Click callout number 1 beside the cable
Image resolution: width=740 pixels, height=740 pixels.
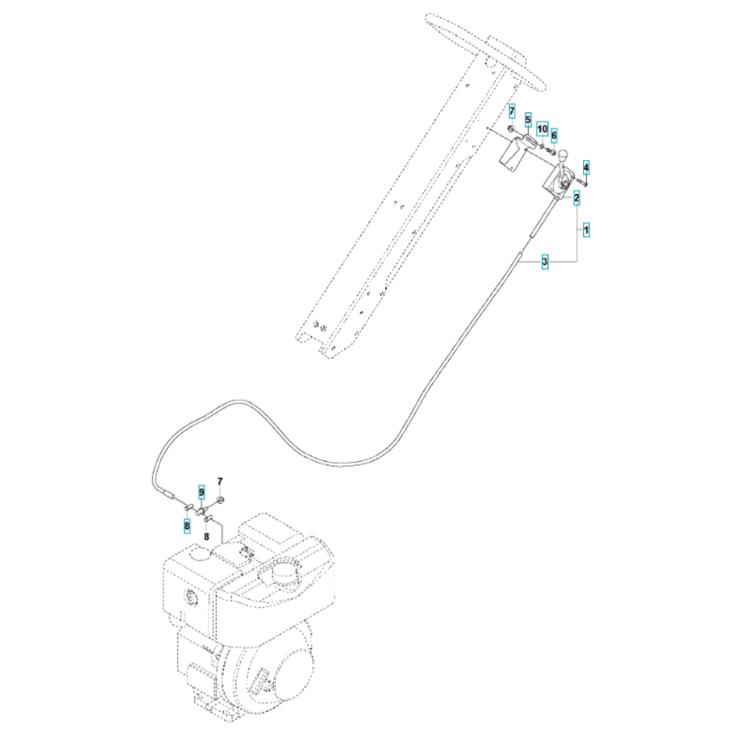pyautogui.click(x=586, y=230)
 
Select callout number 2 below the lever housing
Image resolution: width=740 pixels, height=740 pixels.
pyautogui.click(x=576, y=198)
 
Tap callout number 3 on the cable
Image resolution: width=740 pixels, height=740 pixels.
pyautogui.click(x=545, y=261)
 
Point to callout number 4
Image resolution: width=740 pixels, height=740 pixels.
pyautogui.click(x=586, y=167)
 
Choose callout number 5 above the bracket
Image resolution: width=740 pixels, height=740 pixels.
pyautogui.click(x=528, y=120)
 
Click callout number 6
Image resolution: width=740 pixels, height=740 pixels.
pyautogui.click(x=554, y=135)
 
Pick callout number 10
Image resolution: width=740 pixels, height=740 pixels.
pyautogui.click(x=542, y=128)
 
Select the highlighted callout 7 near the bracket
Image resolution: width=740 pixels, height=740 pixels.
pyautogui.click(x=512, y=112)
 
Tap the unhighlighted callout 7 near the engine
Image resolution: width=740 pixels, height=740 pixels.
pyautogui.click(x=220, y=482)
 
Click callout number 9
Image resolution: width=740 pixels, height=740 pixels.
pyautogui.click(x=201, y=493)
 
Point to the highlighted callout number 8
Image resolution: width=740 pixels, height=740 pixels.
pyautogui.click(x=187, y=525)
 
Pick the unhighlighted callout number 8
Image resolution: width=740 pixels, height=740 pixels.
pyautogui.click(x=206, y=536)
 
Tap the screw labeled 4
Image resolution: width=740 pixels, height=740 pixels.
pyautogui.click(x=582, y=182)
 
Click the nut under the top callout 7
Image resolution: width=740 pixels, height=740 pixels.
pyautogui.click(x=511, y=128)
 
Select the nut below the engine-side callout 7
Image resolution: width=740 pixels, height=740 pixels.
pyautogui.click(x=221, y=499)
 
